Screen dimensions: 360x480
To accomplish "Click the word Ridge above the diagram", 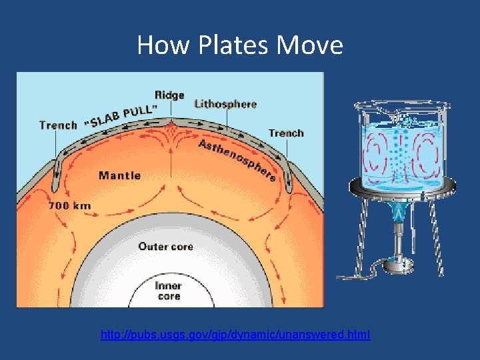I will [169, 95].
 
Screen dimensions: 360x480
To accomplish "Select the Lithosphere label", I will [225, 104].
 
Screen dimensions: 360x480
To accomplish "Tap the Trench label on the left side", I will [58, 125].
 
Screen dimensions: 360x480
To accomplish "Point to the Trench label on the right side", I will [286, 133].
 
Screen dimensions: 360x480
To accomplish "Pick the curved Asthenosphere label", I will [237, 160].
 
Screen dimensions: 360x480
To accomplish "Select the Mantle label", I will [119, 175].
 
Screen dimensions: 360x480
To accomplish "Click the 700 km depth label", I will [69, 205].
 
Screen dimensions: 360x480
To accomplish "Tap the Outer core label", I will [165, 247].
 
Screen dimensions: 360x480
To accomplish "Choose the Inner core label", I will [169, 291].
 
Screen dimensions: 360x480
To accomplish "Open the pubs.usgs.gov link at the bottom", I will [235, 335].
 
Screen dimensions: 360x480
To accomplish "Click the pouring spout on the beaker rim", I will [359, 106].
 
